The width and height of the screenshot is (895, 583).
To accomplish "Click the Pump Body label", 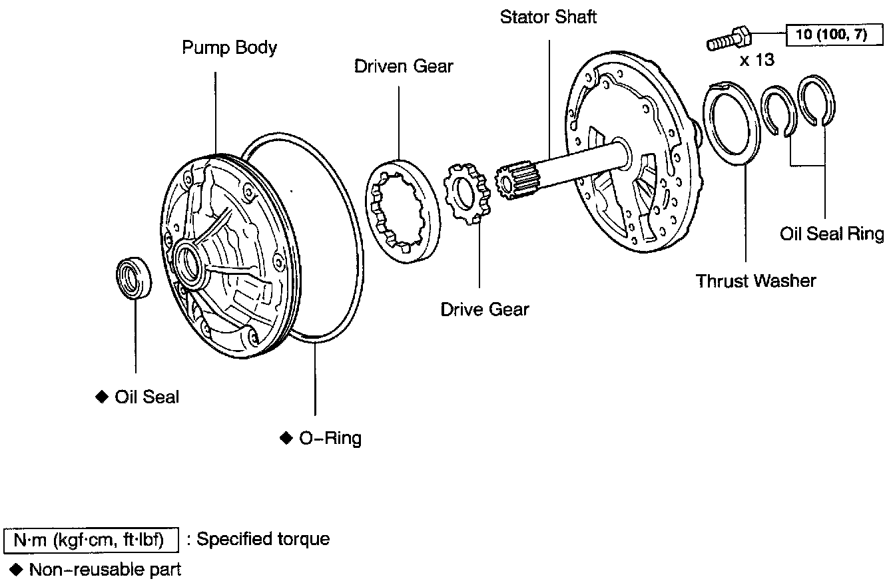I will click(x=229, y=48).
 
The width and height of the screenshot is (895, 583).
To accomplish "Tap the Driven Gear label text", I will click(x=404, y=66).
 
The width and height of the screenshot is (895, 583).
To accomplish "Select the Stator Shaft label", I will click(x=548, y=17).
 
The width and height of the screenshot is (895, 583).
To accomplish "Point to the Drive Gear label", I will click(x=484, y=309).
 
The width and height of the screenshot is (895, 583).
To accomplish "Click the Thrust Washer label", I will click(x=756, y=280).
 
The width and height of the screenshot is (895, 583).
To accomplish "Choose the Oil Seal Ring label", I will click(x=832, y=234).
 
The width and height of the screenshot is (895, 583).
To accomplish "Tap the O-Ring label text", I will click(x=330, y=438).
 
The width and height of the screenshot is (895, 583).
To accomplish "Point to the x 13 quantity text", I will click(x=756, y=60).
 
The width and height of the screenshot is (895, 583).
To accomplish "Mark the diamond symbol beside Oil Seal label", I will click(x=102, y=397).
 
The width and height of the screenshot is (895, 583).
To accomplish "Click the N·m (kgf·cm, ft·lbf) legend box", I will click(x=91, y=540).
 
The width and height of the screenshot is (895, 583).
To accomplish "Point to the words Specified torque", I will click(x=262, y=539).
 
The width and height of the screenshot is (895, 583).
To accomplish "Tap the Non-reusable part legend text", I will click(x=105, y=570).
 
